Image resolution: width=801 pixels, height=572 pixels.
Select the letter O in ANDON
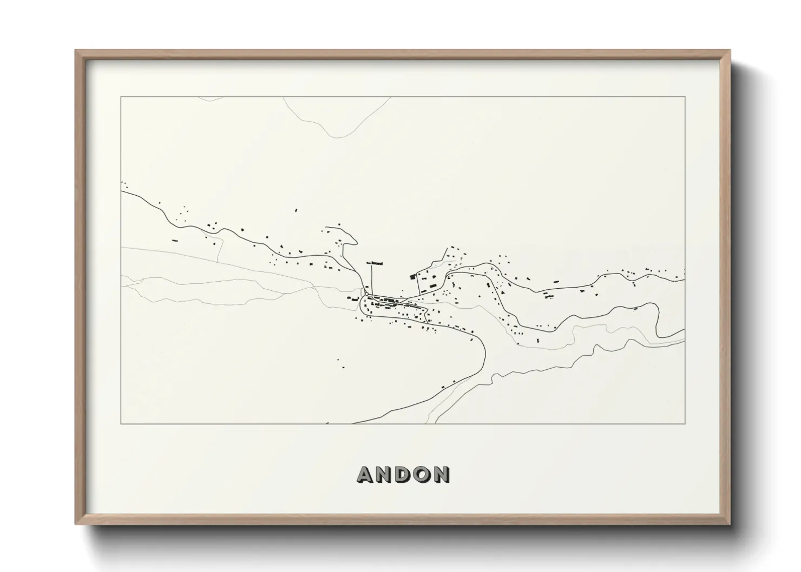tap(422, 475)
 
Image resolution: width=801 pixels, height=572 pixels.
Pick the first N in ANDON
tap(384, 475)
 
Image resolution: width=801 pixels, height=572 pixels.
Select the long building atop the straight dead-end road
tap(375, 263)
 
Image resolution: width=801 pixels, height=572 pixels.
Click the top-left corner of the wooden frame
tap(76, 50)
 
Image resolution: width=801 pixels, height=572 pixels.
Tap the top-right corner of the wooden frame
tap(730, 50)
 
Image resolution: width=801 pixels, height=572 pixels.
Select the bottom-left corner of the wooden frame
tap(76, 523)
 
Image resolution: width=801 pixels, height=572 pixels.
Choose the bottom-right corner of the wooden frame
tap(730, 523)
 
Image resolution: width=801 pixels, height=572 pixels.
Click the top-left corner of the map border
tap(121, 97)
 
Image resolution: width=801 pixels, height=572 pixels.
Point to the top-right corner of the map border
tap(685, 97)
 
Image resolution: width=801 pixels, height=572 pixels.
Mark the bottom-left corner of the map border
tap(121, 424)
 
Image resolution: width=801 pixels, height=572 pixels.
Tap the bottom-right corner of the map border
tap(685, 424)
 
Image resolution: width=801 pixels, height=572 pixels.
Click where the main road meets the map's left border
tap(122, 191)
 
